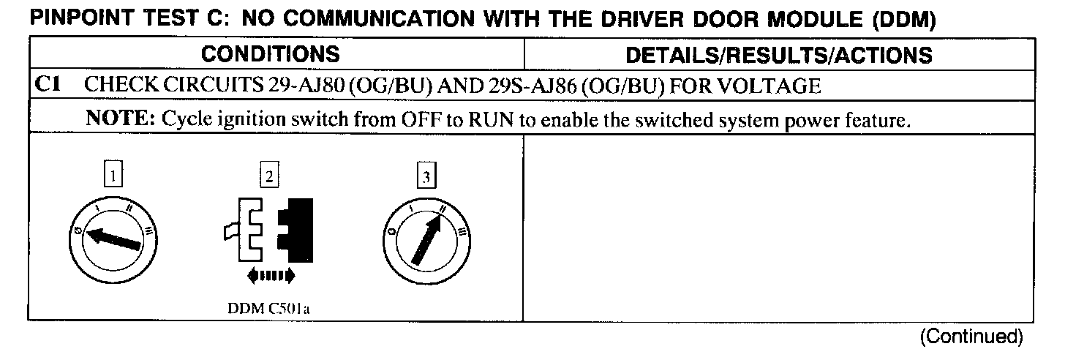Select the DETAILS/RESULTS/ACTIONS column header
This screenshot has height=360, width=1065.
pos(780,54)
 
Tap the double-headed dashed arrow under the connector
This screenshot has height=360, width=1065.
pos(271,275)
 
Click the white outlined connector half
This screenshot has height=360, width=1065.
pos(247,230)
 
